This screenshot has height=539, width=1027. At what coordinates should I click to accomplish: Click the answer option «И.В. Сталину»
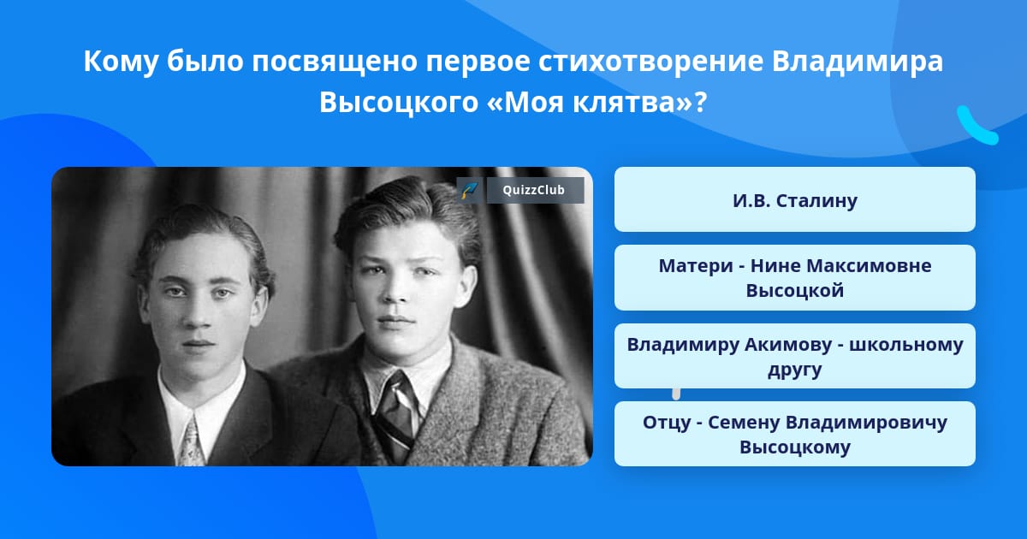794,200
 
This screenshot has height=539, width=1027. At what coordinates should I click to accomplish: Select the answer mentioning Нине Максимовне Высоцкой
794,278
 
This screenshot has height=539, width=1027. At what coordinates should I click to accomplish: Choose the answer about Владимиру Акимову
794,357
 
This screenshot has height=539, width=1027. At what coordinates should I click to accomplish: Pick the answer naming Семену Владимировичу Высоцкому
794,435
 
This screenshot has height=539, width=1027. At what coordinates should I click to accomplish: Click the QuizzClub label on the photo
535,191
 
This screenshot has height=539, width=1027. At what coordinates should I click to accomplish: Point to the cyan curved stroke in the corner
976,126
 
